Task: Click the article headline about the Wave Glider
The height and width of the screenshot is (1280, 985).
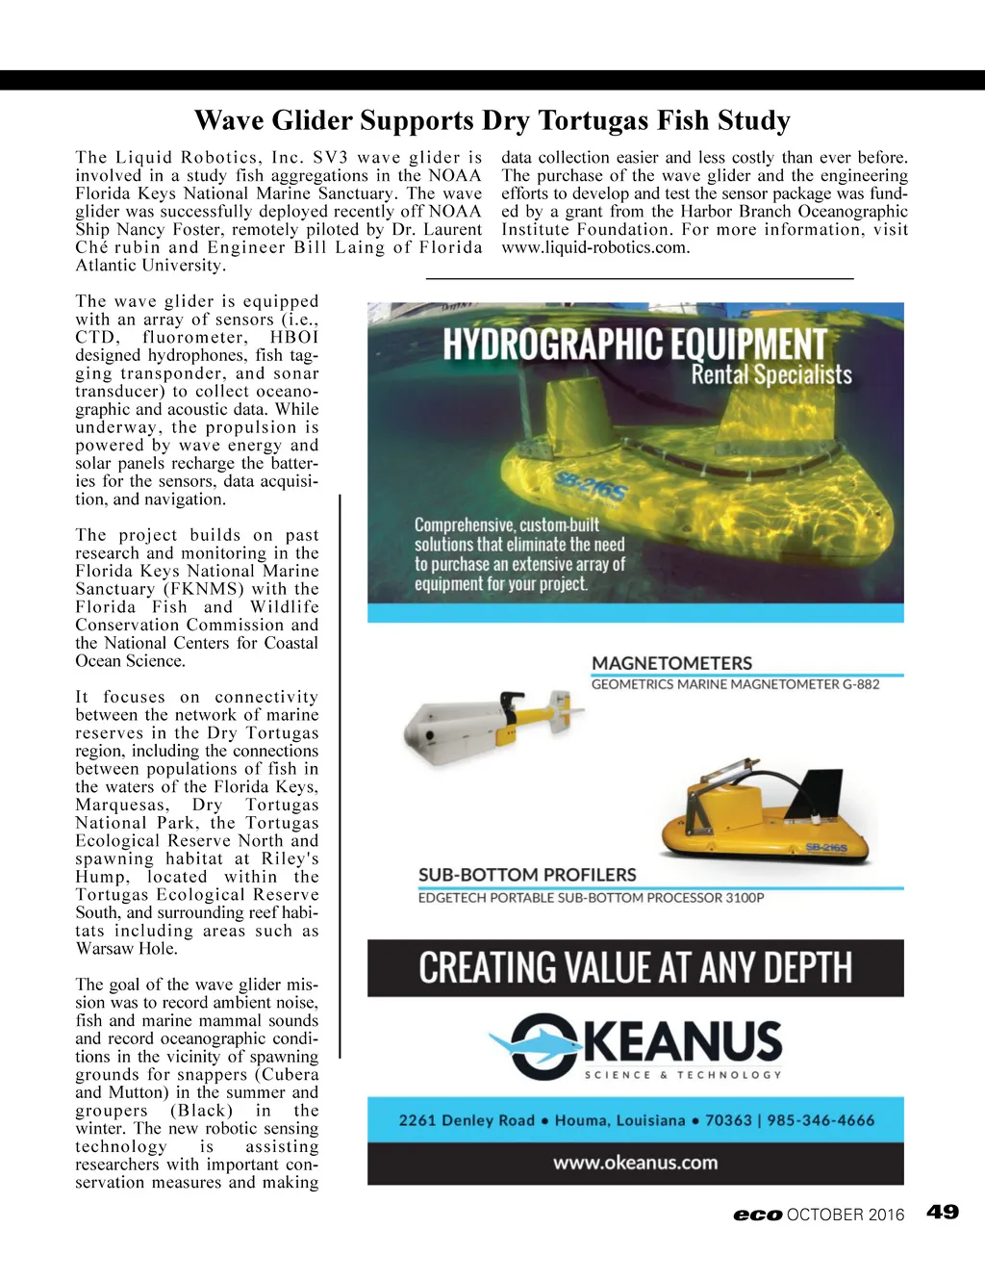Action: click(x=492, y=120)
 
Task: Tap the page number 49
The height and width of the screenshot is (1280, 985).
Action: click(x=943, y=1212)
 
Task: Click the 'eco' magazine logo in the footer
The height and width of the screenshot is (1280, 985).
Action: click(x=757, y=1215)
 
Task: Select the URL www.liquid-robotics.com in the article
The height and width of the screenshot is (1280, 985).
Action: click(x=595, y=247)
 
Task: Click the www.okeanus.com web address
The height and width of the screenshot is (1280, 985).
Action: click(x=635, y=1163)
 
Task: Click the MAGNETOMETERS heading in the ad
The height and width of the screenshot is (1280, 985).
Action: click(x=671, y=663)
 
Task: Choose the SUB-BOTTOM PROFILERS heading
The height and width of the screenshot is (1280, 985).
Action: click(x=527, y=875)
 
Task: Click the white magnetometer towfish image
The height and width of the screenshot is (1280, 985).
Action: click(x=491, y=722)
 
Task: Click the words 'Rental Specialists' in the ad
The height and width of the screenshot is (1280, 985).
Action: click(x=771, y=374)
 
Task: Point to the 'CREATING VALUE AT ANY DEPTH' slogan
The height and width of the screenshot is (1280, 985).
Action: click(x=635, y=967)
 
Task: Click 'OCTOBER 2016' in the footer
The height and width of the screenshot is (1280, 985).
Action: click(x=846, y=1215)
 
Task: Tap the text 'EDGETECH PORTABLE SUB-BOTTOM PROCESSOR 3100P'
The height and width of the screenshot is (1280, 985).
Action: click(x=591, y=898)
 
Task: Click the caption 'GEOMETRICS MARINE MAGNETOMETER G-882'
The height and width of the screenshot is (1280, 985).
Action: click(x=735, y=684)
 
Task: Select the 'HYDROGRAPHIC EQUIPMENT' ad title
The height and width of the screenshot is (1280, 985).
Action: click(x=635, y=344)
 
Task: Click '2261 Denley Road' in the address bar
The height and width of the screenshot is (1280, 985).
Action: click(x=467, y=1120)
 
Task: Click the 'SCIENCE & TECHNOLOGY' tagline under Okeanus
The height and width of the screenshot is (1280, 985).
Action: click(x=683, y=1074)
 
